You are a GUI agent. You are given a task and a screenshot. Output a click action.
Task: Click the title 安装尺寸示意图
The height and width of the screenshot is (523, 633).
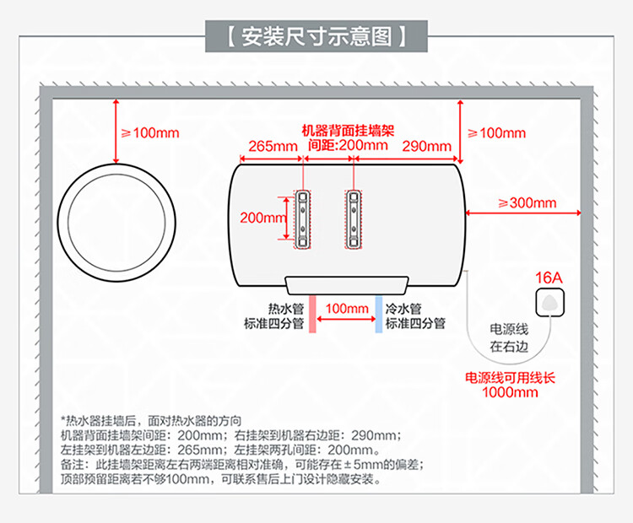316,37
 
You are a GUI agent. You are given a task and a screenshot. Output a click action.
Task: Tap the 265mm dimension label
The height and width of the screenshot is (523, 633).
273,146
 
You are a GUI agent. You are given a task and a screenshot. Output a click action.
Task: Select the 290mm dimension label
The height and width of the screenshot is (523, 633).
427,146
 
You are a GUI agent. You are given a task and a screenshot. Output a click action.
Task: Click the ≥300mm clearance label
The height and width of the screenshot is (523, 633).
527,202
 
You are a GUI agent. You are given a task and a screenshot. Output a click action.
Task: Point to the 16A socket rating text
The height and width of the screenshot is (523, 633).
549,278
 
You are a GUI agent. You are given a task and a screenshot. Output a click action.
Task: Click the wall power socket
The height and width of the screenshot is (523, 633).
549,303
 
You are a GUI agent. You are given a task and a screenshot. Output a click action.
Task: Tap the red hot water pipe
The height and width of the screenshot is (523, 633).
312,314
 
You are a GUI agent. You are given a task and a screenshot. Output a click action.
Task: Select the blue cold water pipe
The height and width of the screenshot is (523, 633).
379,314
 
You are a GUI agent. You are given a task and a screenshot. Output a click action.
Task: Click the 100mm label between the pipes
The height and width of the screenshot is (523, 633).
347,309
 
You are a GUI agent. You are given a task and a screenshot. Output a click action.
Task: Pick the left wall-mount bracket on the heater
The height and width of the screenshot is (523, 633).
302,219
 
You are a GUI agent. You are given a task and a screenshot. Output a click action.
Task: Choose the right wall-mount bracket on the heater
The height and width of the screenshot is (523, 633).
354,219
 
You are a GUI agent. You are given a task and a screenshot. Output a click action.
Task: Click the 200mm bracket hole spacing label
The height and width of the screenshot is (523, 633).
263,218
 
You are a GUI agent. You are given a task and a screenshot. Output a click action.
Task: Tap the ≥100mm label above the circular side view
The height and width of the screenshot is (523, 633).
150,132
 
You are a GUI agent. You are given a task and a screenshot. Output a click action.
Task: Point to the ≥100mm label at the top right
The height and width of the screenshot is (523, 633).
496,132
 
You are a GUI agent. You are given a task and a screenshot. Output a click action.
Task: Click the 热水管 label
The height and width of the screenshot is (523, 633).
286,309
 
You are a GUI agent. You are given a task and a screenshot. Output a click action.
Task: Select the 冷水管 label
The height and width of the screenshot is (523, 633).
403,309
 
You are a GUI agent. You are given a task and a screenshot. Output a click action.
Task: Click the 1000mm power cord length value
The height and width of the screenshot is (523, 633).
510,392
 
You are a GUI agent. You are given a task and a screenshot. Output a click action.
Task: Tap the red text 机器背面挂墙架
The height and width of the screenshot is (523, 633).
348,131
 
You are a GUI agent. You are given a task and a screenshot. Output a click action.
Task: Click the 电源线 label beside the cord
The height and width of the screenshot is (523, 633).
509,329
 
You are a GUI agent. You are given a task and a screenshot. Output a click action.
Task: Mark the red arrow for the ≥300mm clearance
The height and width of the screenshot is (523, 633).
523,213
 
